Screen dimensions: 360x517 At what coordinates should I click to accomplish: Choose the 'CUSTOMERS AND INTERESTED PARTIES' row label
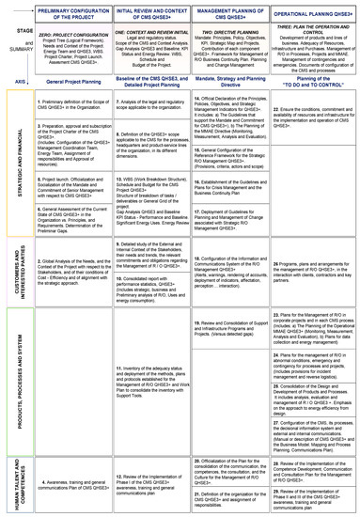(18, 274)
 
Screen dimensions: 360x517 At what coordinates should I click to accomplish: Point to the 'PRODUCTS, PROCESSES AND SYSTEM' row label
(18, 376)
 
